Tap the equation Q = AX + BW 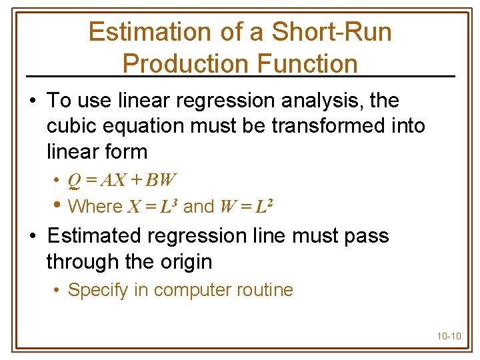(122, 180)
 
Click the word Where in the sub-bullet (95, 207)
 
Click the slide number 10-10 (449, 336)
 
